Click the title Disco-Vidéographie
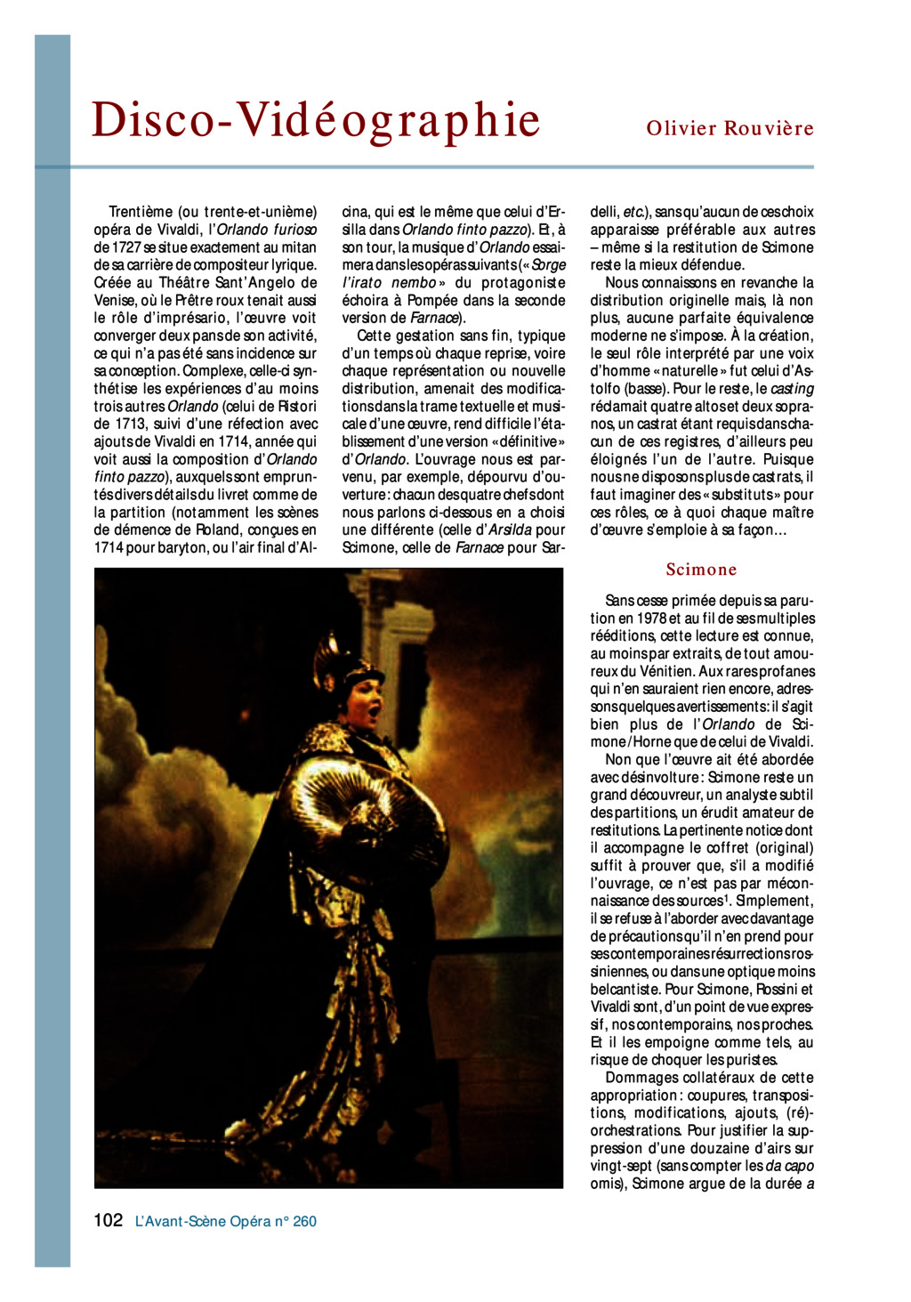coord(316,120)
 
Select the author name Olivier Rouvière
coord(730,128)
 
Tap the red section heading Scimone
coord(701,570)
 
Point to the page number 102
coord(108,1220)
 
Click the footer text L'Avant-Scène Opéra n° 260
coord(226,1222)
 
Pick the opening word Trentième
coord(141,212)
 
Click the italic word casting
coord(792,389)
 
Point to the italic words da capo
coord(789,1166)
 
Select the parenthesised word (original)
coord(779,848)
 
